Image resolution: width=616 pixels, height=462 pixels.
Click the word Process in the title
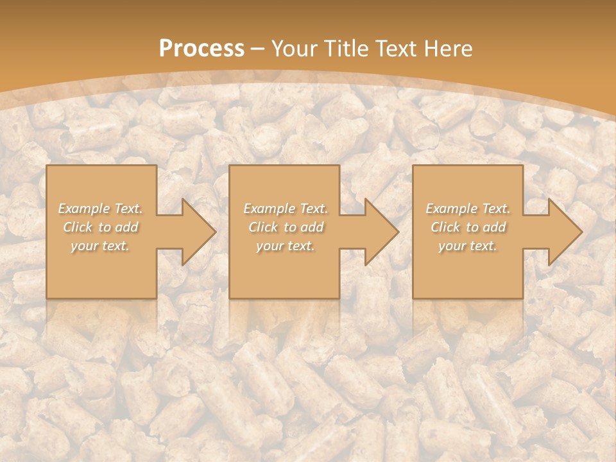[x=201, y=49]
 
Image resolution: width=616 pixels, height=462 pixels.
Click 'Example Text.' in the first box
[x=101, y=209]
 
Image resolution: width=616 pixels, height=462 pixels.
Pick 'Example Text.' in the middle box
[x=286, y=209]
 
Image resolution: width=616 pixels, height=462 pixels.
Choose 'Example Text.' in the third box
[x=468, y=209]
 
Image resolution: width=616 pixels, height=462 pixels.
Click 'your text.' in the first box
[x=100, y=246]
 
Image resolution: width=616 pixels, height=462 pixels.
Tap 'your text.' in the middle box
[x=285, y=246]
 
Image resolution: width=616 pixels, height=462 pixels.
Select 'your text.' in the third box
[x=468, y=246]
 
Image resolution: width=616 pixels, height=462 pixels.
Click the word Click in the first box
[x=78, y=227]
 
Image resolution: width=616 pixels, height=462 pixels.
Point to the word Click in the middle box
[x=263, y=227]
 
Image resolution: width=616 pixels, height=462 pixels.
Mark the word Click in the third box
[x=445, y=227]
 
